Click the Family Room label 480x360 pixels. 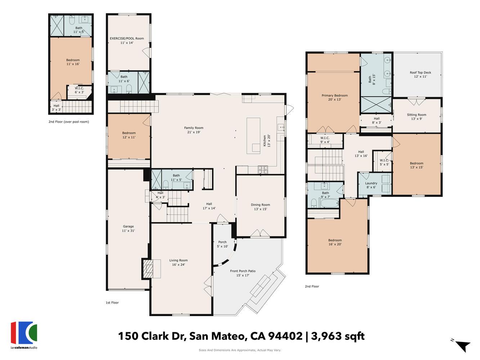coord(194,128)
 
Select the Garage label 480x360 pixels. coord(128,226)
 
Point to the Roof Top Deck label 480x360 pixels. coord(420,73)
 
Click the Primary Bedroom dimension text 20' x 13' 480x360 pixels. coord(335,100)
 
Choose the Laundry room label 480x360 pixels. coord(371,183)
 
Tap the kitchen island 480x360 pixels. coord(253,135)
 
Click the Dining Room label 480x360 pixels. coord(260,205)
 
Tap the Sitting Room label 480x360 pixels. coord(417,115)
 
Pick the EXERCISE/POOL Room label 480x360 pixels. coord(127,39)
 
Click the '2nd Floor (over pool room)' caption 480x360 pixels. coord(69,122)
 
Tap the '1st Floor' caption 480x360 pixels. coord(112,303)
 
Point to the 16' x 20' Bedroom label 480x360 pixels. coord(335,240)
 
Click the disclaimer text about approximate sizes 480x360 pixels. coord(240,350)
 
